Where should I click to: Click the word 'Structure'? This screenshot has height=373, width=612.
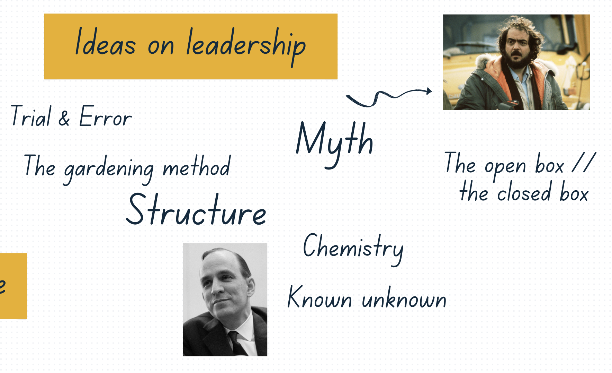pos(196,210)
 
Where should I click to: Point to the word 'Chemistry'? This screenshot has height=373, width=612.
pos(353,249)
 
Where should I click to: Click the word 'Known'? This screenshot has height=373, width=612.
pos(319,297)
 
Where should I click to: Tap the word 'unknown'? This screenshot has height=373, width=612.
pos(404,298)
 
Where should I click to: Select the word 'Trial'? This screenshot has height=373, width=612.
pos(31,116)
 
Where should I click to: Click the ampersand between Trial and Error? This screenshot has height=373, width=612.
pos(64,118)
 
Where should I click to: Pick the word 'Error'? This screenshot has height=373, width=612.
pos(106,116)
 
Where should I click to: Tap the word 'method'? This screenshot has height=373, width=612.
pos(196,166)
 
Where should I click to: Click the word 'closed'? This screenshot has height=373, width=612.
pos(524,192)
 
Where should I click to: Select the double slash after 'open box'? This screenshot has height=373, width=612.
pos(584,162)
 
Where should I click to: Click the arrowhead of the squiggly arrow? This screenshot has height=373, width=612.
pos(429,91)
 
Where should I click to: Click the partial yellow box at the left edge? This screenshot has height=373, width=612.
pos(13,286)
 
